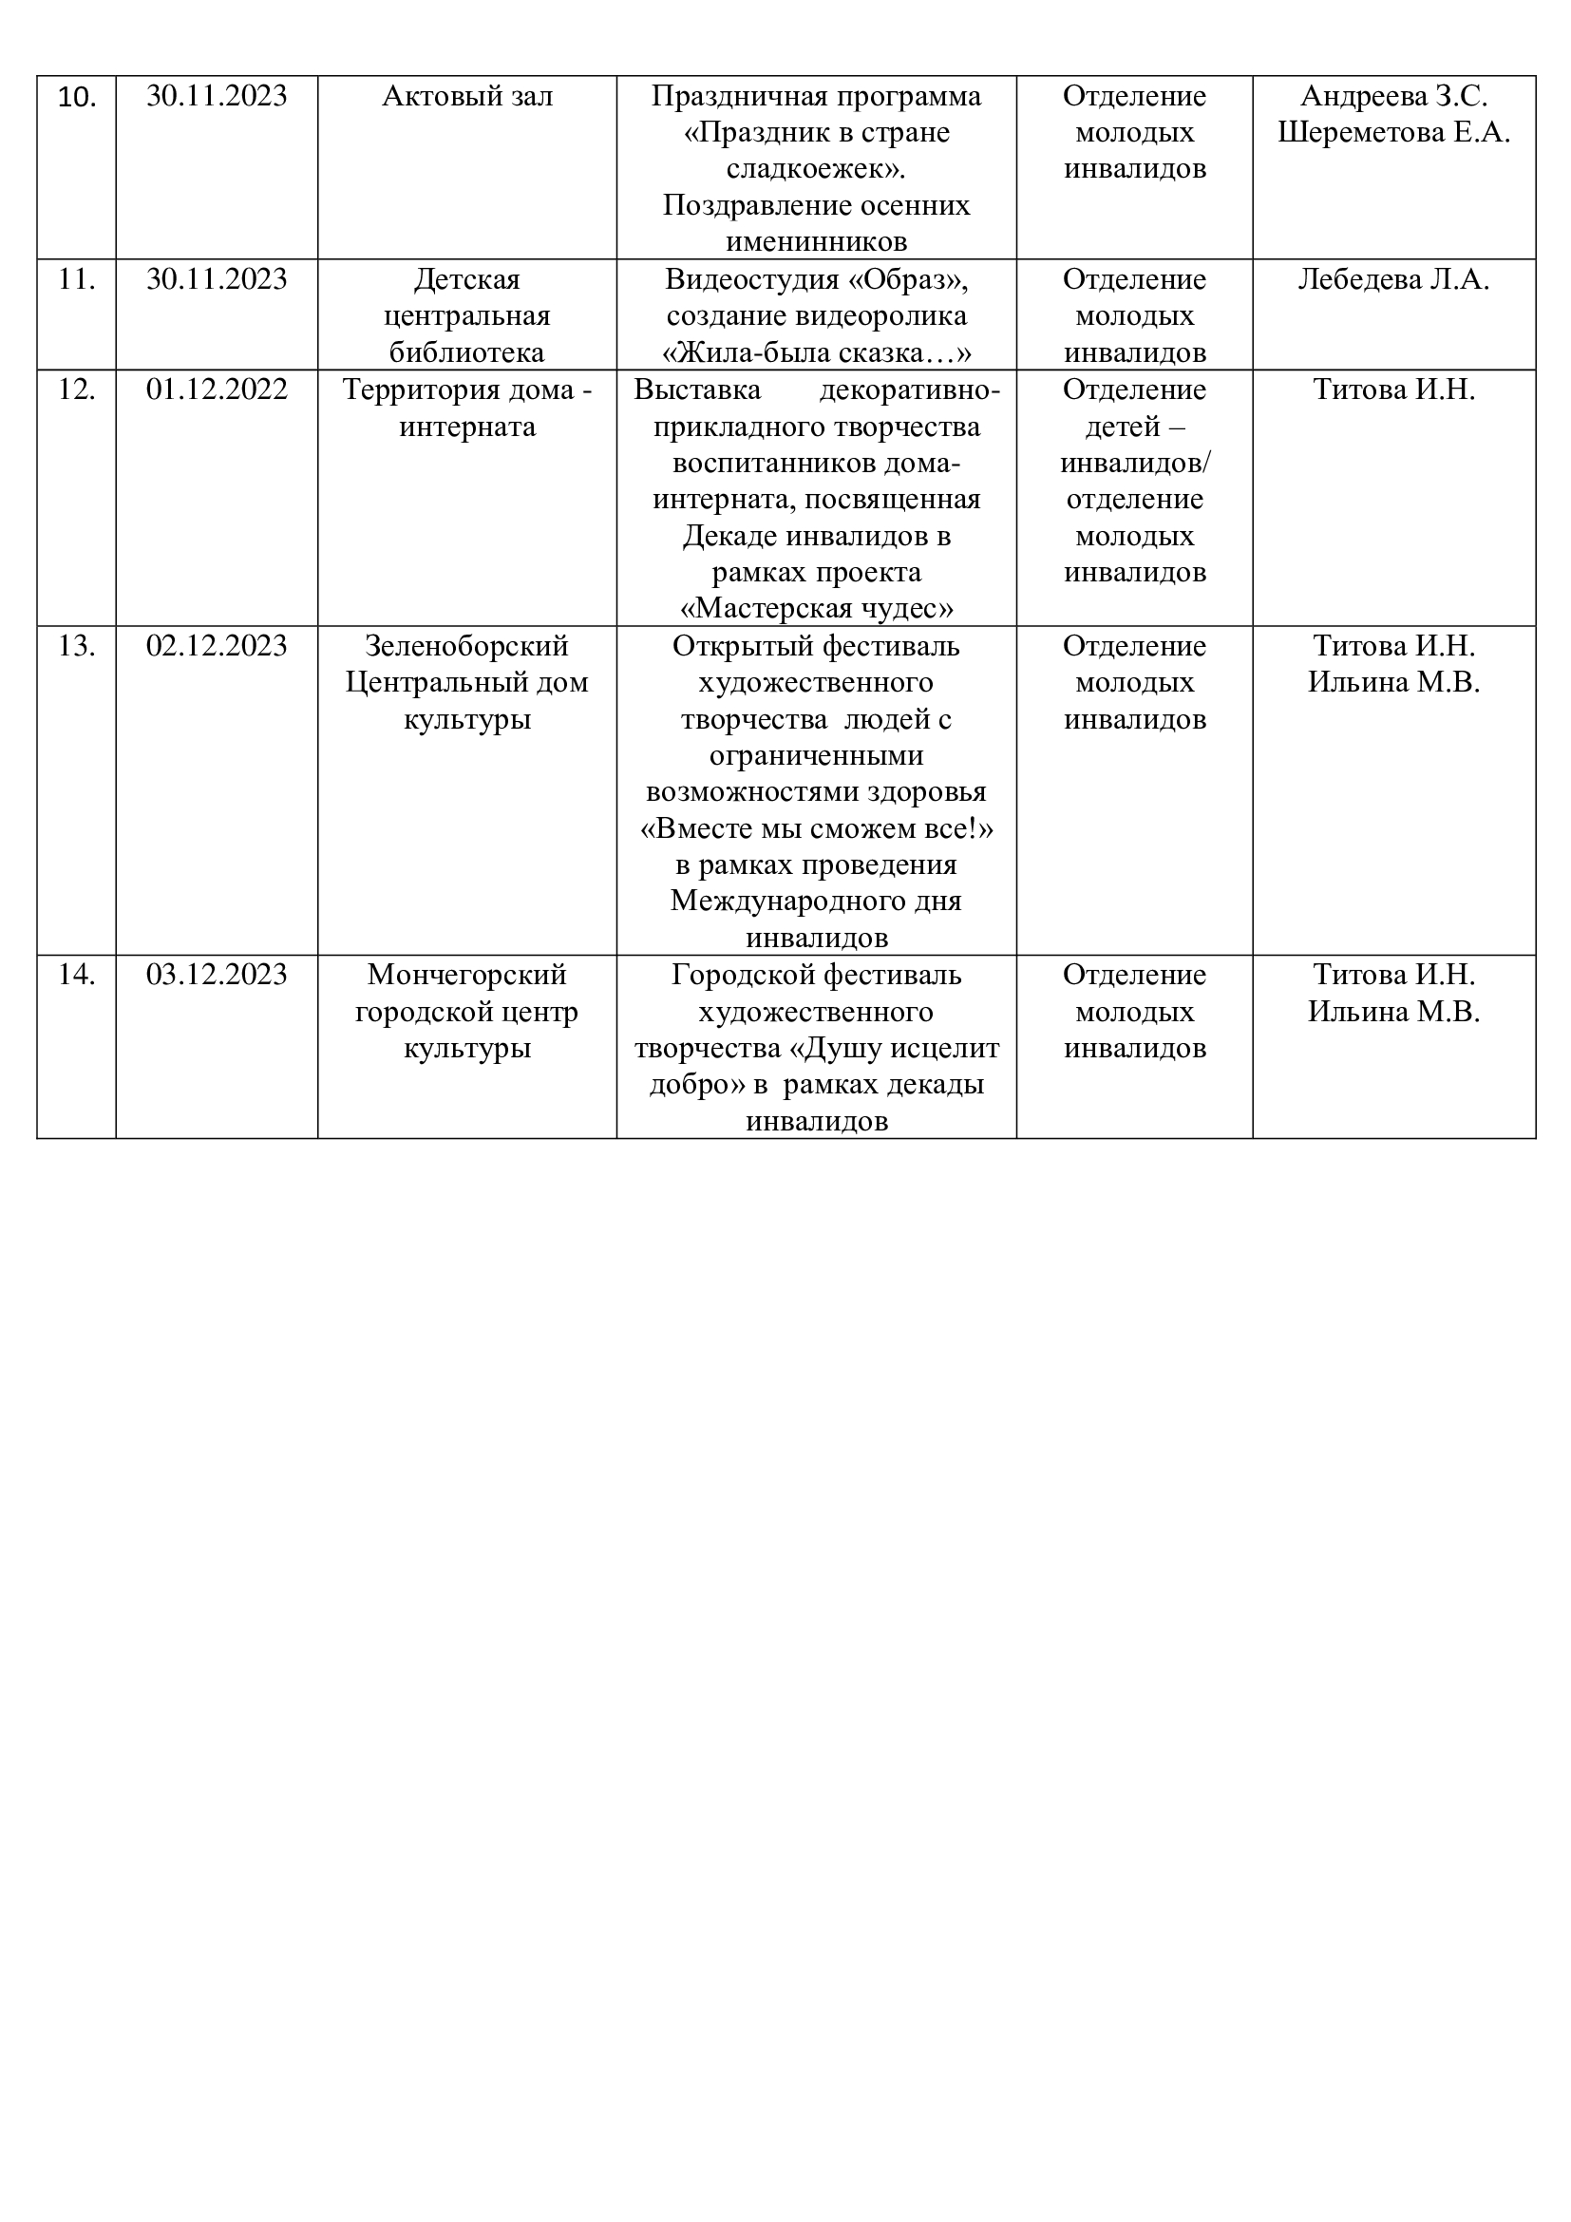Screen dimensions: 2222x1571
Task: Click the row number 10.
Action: tap(76, 97)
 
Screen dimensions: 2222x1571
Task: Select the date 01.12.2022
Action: tap(217, 390)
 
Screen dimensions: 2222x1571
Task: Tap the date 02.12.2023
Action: tap(217, 645)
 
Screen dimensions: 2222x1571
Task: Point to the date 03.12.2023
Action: tap(217, 975)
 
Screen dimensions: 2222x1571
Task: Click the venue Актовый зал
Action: tap(467, 97)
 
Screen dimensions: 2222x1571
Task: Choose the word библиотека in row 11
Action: tap(467, 352)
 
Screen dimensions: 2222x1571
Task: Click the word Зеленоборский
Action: tap(467, 645)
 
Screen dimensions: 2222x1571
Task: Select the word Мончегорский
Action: tap(467, 975)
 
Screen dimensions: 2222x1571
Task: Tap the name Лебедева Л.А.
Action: tap(1393, 279)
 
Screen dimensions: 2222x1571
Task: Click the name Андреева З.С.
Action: tap(1393, 97)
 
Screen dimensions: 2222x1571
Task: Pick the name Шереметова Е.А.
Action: tap(1393, 133)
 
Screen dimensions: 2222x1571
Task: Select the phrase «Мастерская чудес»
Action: tap(817, 609)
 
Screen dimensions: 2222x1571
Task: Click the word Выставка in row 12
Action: tap(696, 390)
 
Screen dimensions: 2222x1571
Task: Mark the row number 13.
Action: tap(76, 645)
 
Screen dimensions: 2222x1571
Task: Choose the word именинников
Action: tap(817, 242)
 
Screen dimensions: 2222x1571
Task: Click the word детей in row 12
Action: tap(1122, 427)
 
